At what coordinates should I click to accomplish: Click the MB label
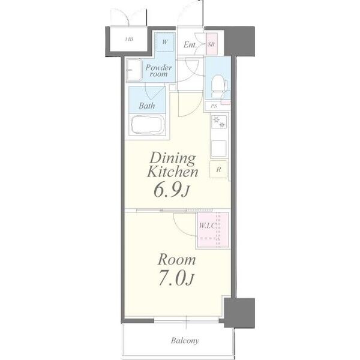[x=129, y=39]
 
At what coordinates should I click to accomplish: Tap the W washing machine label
[x=164, y=42]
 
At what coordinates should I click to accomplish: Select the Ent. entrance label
[x=190, y=44]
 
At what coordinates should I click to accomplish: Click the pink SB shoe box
[x=211, y=44]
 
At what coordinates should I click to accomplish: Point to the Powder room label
[x=158, y=70]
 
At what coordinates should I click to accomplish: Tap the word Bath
[x=147, y=106]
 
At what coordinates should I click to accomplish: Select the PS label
[x=214, y=106]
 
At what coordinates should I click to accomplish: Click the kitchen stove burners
[x=219, y=122]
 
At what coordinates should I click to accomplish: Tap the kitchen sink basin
[x=218, y=148]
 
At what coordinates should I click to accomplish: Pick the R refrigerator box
[x=218, y=169]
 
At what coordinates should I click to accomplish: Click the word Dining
[x=172, y=158]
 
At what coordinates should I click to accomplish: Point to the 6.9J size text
[x=172, y=190]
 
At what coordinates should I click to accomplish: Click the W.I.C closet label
[x=208, y=226]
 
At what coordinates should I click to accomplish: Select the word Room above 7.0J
[x=176, y=260]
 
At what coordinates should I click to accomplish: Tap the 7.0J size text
[x=176, y=278]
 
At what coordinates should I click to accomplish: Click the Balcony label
[x=185, y=341]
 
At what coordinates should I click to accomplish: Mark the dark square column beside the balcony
[x=239, y=313]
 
